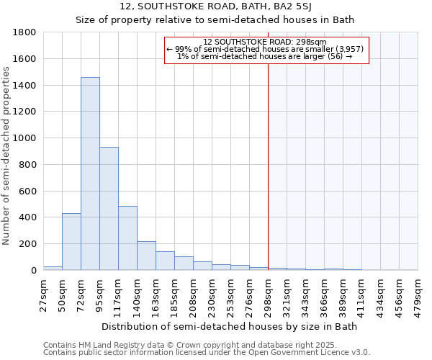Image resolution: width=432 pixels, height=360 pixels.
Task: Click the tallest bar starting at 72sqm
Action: (90, 173)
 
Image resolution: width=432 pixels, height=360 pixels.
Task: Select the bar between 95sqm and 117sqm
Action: (109, 209)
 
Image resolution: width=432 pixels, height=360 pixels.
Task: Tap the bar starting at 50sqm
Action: (71, 241)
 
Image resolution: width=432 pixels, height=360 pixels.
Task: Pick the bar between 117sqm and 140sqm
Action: (127, 238)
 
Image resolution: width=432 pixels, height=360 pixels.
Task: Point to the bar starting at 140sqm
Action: (146, 256)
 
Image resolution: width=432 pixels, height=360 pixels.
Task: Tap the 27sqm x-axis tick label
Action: (43, 293)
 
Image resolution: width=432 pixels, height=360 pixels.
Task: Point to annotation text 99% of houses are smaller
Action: (265, 49)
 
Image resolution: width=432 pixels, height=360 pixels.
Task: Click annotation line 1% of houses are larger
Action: (265, 56)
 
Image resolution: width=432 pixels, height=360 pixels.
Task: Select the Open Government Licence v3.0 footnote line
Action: (207, 352)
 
